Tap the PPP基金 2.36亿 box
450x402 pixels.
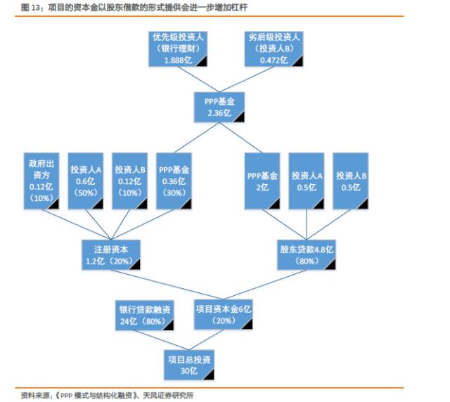coord(224,107)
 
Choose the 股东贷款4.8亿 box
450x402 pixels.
coord(307,254)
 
